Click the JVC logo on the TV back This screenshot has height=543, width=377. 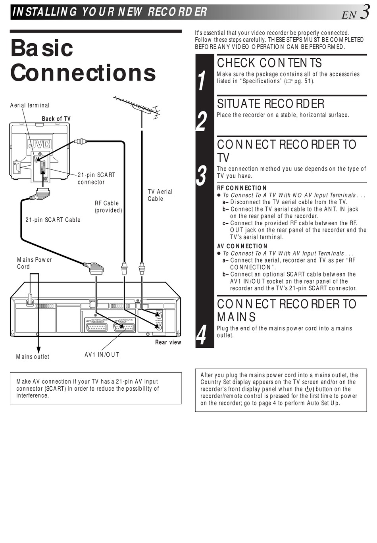[x=39, y=144]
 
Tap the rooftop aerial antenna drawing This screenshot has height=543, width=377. [x=137, y=107]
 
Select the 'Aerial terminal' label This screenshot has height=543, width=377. [x=30, y=105]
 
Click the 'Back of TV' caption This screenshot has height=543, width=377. [x=56, y=119]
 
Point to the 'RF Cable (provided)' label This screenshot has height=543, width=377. [x=108, y=207]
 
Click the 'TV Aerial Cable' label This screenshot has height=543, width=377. [x=160, y=195]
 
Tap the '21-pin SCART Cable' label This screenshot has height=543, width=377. [x=53, y=220]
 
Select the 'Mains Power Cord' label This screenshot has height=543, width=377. [x=35, y=263]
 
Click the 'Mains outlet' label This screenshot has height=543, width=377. [x=33, y=357]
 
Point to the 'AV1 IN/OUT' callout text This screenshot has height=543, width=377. [x=102, y=355]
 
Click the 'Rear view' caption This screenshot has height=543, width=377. [x=168, y=342]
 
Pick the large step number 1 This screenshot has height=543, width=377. [x=202, y=81]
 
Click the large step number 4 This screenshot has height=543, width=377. [x=202, y=335]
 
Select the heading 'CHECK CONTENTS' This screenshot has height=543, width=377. [x=269, y=63]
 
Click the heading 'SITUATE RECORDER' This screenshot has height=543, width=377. [x=271, y=104]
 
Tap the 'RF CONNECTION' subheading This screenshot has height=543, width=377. [x=242, y=188]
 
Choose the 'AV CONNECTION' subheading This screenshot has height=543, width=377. [x=242, y=246]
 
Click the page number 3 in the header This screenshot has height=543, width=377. [x=365, y=12]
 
